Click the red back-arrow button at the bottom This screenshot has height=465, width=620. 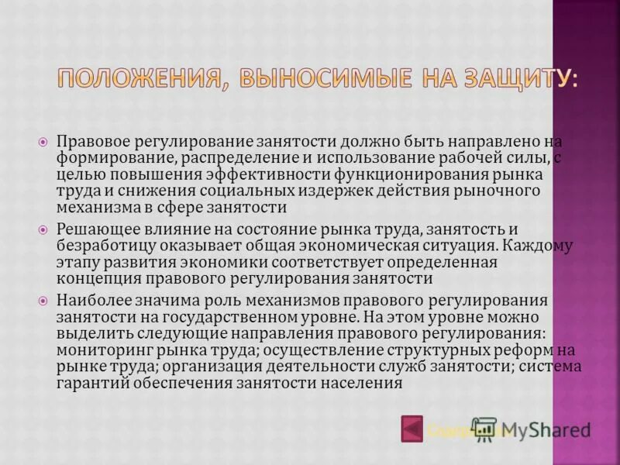412,429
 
